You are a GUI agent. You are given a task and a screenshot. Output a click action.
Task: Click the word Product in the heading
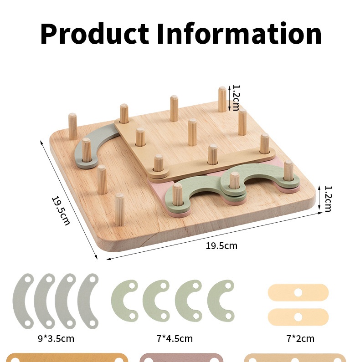(x=94, y=34)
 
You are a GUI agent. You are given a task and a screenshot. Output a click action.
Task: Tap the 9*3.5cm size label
(x=56, y=339)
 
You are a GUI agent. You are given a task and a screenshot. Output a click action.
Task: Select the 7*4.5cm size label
(x=175, y=339)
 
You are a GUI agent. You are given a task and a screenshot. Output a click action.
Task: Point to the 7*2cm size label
(x=300, y=339)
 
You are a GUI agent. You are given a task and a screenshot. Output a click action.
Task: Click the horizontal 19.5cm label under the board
(x=221, y=245)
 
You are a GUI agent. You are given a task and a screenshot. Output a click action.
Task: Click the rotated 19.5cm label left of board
(x=61, y=210)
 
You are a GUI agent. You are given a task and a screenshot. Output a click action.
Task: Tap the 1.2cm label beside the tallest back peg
(x=236, y=98)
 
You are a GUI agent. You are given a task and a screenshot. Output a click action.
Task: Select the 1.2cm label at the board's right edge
(x=328, y=199)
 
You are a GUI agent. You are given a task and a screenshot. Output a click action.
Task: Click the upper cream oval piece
(x=298, y=292)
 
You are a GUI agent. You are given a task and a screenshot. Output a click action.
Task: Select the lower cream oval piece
(x=298, y=317)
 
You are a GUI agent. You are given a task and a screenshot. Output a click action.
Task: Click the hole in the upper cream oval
(x=298, y=292)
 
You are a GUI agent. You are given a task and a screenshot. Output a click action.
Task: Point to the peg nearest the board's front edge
(x=119, y=209)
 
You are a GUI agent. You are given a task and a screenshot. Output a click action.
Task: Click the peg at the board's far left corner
(x=72, y=126)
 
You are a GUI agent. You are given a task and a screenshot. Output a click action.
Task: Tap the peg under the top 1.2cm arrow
(x=222, y=99)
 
